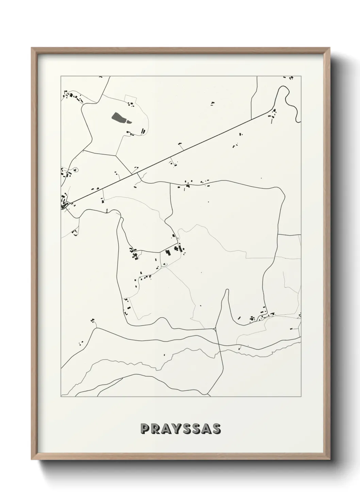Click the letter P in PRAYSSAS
[x=144, y=429]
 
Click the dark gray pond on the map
[x=119, y=119]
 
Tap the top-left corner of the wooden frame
[x=32, y=48]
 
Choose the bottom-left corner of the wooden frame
[x=32, y=459]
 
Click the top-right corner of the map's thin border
[x=301, y=76]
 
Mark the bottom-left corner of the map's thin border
[x=61, y=397]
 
